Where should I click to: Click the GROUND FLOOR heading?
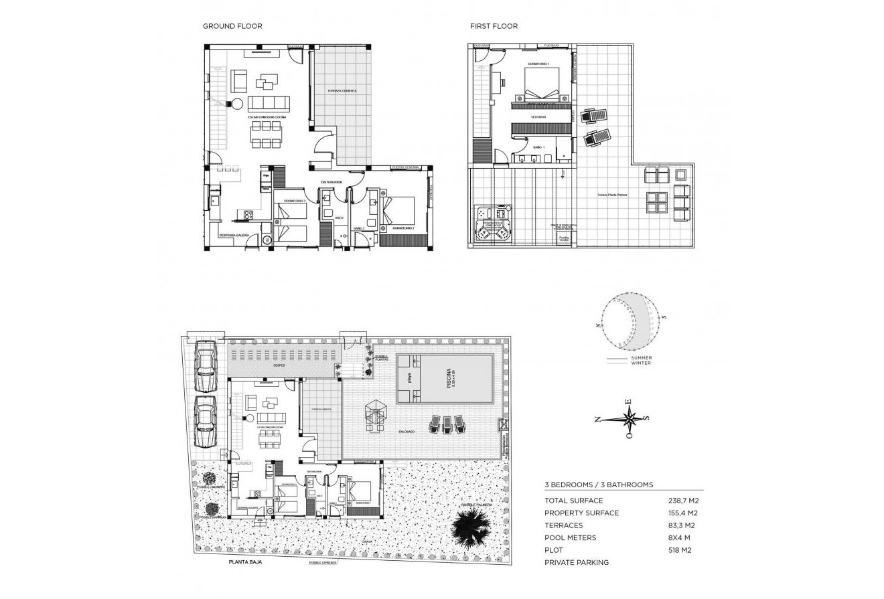click(232, 26)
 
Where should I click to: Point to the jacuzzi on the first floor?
click(492, 224)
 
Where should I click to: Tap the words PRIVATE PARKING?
click(577, 563)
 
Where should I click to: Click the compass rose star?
click(629, 420)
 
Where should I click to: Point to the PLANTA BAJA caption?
click(244, 563)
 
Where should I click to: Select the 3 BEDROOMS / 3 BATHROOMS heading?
click(599, 484)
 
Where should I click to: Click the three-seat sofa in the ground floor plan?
click(269, 104)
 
